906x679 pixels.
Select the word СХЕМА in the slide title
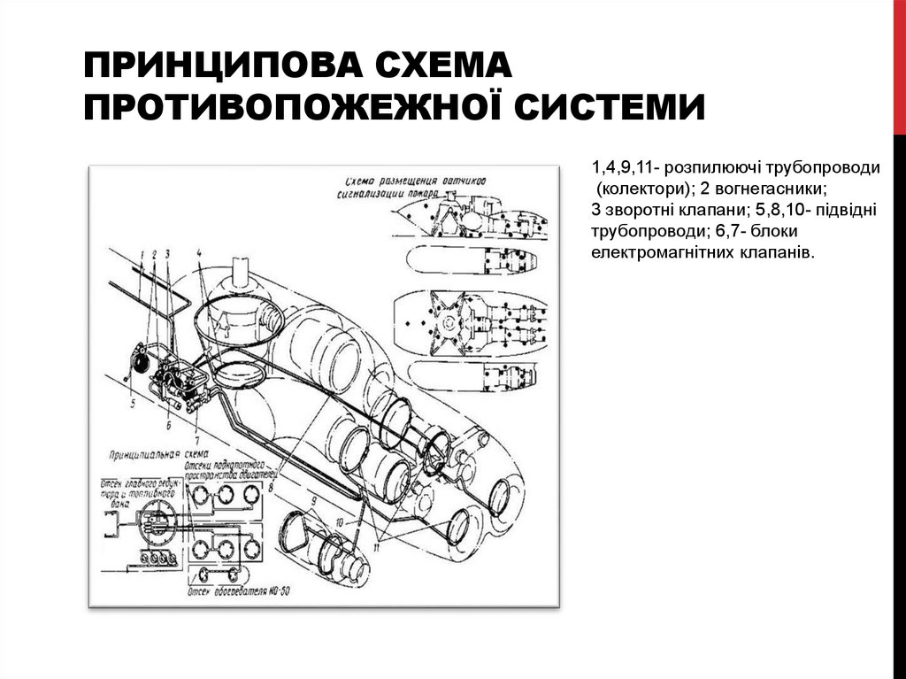(x=446, y=66)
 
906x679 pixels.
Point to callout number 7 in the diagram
(x=196, y=438)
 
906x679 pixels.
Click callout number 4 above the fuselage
(x=201, y=252)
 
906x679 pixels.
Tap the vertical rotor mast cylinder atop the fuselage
(x=239, y=275)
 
